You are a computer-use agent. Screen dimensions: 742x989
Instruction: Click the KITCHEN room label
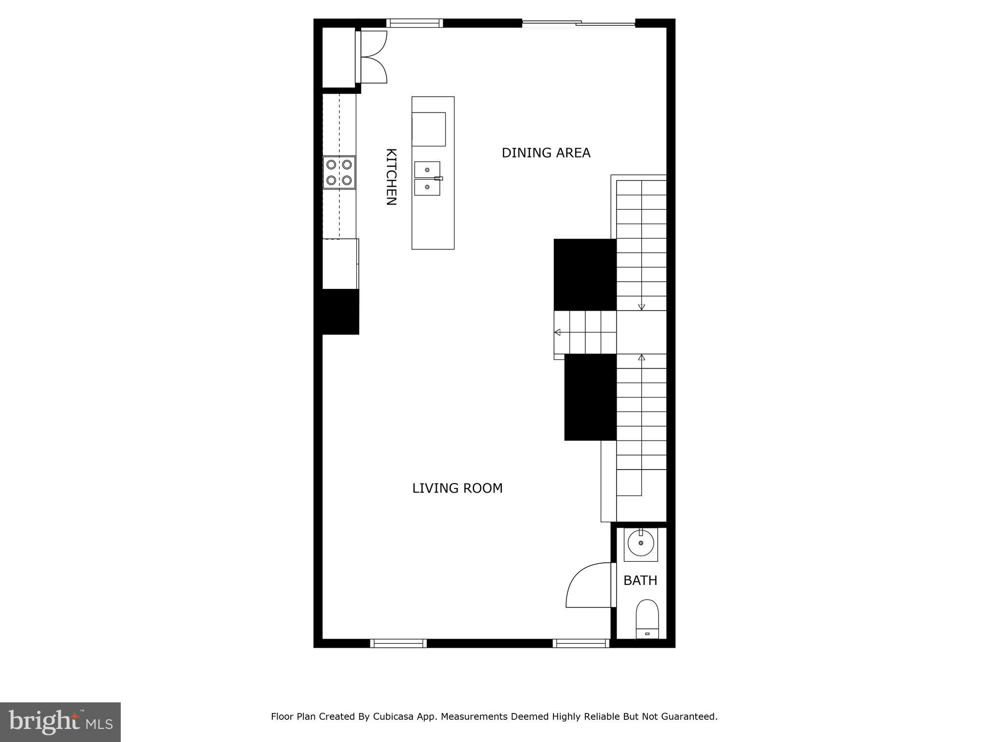tap(391, 177)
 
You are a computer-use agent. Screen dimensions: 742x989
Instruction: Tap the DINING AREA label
tap(546, 153)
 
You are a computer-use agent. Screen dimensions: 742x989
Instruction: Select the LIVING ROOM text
tap(457, 488)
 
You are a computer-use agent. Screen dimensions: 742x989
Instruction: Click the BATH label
tap(640, 581)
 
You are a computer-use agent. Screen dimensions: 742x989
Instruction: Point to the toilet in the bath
tap(647, 619)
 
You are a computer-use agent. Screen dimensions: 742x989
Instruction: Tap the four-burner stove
tap(339, 172)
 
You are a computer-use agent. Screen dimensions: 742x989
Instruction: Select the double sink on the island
tap(427, 178)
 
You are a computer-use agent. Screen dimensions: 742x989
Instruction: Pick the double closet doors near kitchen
tap(373, 57)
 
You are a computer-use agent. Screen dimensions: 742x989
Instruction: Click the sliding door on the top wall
tap(579, 23)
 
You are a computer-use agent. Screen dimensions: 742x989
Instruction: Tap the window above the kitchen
tap(414, 23)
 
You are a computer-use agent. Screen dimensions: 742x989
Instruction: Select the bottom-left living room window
tap(398, 643)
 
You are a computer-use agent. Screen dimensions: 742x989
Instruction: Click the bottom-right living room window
tap(581, 643)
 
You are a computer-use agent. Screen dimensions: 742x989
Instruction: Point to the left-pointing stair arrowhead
tap(557, 332)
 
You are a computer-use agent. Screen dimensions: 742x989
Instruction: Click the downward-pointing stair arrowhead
tap(641, 307)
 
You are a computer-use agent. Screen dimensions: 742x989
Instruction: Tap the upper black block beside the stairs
tap(585, 274)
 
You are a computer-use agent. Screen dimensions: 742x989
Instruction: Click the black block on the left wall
tap(340, 312)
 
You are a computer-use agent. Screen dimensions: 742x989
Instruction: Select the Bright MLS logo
tap(60, 722)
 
